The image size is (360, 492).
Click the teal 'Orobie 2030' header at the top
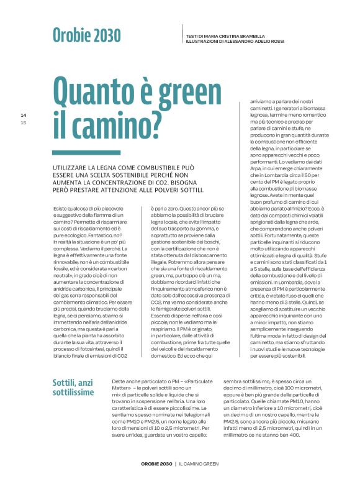tap(86, 35)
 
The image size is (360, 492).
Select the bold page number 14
tap(24, 116)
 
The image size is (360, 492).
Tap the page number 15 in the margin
tap(24, 122)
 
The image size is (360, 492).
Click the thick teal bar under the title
tap(78, 152)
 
